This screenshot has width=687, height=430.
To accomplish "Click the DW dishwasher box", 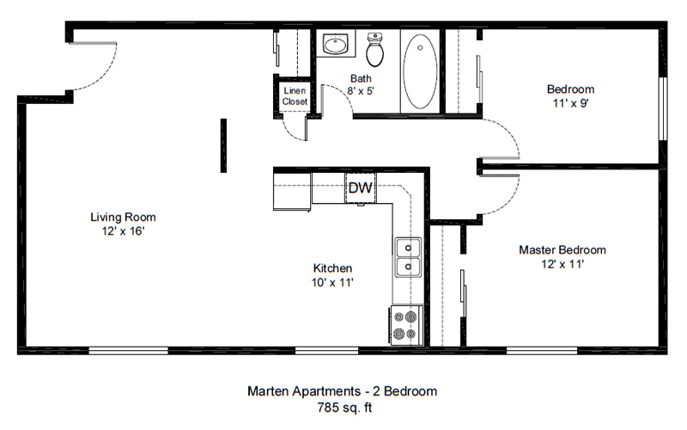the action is click(x=361, y=187).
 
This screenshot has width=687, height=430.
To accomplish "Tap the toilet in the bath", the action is click(x=375, y=49).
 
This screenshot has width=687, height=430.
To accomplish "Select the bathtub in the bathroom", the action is click(x=420, y=71).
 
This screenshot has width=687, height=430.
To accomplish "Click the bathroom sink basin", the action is click(x=335, y=45).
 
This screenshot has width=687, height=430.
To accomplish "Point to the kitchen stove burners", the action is click(x=405, y=325).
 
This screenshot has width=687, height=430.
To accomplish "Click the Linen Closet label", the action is click(x=295, y=96).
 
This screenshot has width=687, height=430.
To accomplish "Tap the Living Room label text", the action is click(x=123, y=218).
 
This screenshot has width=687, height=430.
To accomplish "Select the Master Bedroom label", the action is click(x=562, y=250).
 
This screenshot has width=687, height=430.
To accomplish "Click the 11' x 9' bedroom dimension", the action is click(x=570, y=103).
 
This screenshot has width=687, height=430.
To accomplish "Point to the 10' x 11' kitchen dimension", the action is click(x=332, y=283).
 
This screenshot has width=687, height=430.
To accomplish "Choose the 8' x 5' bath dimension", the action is click(x=361, y=91).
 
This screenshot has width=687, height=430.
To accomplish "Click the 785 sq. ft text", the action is click(x=344, y=408).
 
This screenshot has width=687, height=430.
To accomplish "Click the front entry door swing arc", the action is click(x=104, y=76).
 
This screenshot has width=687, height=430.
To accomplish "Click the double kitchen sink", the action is click(x=409, y=257).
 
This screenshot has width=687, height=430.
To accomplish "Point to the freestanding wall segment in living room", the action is click(x=223, y=145).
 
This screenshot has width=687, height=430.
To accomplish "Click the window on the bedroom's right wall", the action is click(x=663, y=108).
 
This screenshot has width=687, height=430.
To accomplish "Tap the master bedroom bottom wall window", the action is click(x=542, y=351).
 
